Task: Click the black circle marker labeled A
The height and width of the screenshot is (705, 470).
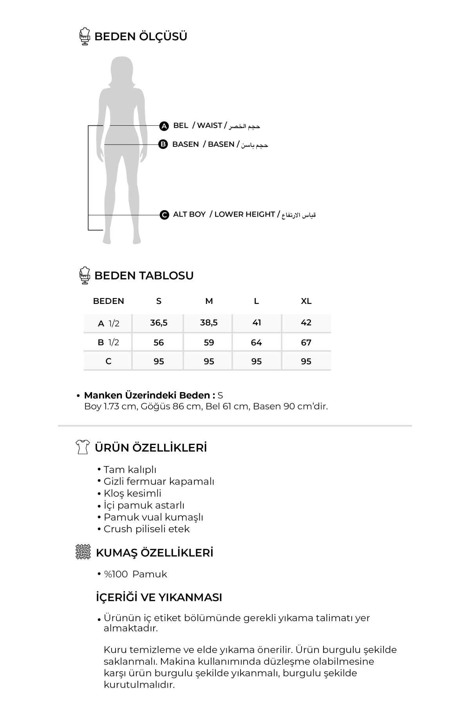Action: (x=164, y=126)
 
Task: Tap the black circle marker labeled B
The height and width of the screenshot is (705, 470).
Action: (x=163, y=145)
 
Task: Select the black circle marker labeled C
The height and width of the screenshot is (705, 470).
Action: (x=164, y=215)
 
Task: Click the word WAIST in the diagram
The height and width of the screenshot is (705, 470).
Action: (x=210, y=126)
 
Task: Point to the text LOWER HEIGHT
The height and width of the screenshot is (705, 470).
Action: (x=244, y=215)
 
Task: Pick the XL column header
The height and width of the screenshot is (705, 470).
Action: (x=306, y=301)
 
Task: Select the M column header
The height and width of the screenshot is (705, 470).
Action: (x=209, y=301)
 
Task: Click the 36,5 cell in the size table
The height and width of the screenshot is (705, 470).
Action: (x=159, y=323)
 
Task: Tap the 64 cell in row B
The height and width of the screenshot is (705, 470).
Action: (x=256, y=343)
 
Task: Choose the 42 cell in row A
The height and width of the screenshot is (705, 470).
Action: (x=306, y=323)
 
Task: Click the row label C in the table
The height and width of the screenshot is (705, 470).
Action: (x=108, y=362)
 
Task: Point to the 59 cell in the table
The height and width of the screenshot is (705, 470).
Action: (x=209, y=343)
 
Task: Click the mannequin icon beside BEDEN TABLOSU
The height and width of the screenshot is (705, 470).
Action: (x=84, y=275)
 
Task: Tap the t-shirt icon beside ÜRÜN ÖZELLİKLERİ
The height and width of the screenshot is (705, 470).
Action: (x=82, y=447)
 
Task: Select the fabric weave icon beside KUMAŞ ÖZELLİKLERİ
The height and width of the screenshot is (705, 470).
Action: (x=83, y=552)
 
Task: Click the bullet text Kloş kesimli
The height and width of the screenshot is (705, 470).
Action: (x=132, y=493)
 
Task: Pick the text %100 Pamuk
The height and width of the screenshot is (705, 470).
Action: (x=135, y=574)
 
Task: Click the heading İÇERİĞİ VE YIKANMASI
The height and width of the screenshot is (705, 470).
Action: (x=159, y=597)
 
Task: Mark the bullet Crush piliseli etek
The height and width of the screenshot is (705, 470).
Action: (x=146, y=529)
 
